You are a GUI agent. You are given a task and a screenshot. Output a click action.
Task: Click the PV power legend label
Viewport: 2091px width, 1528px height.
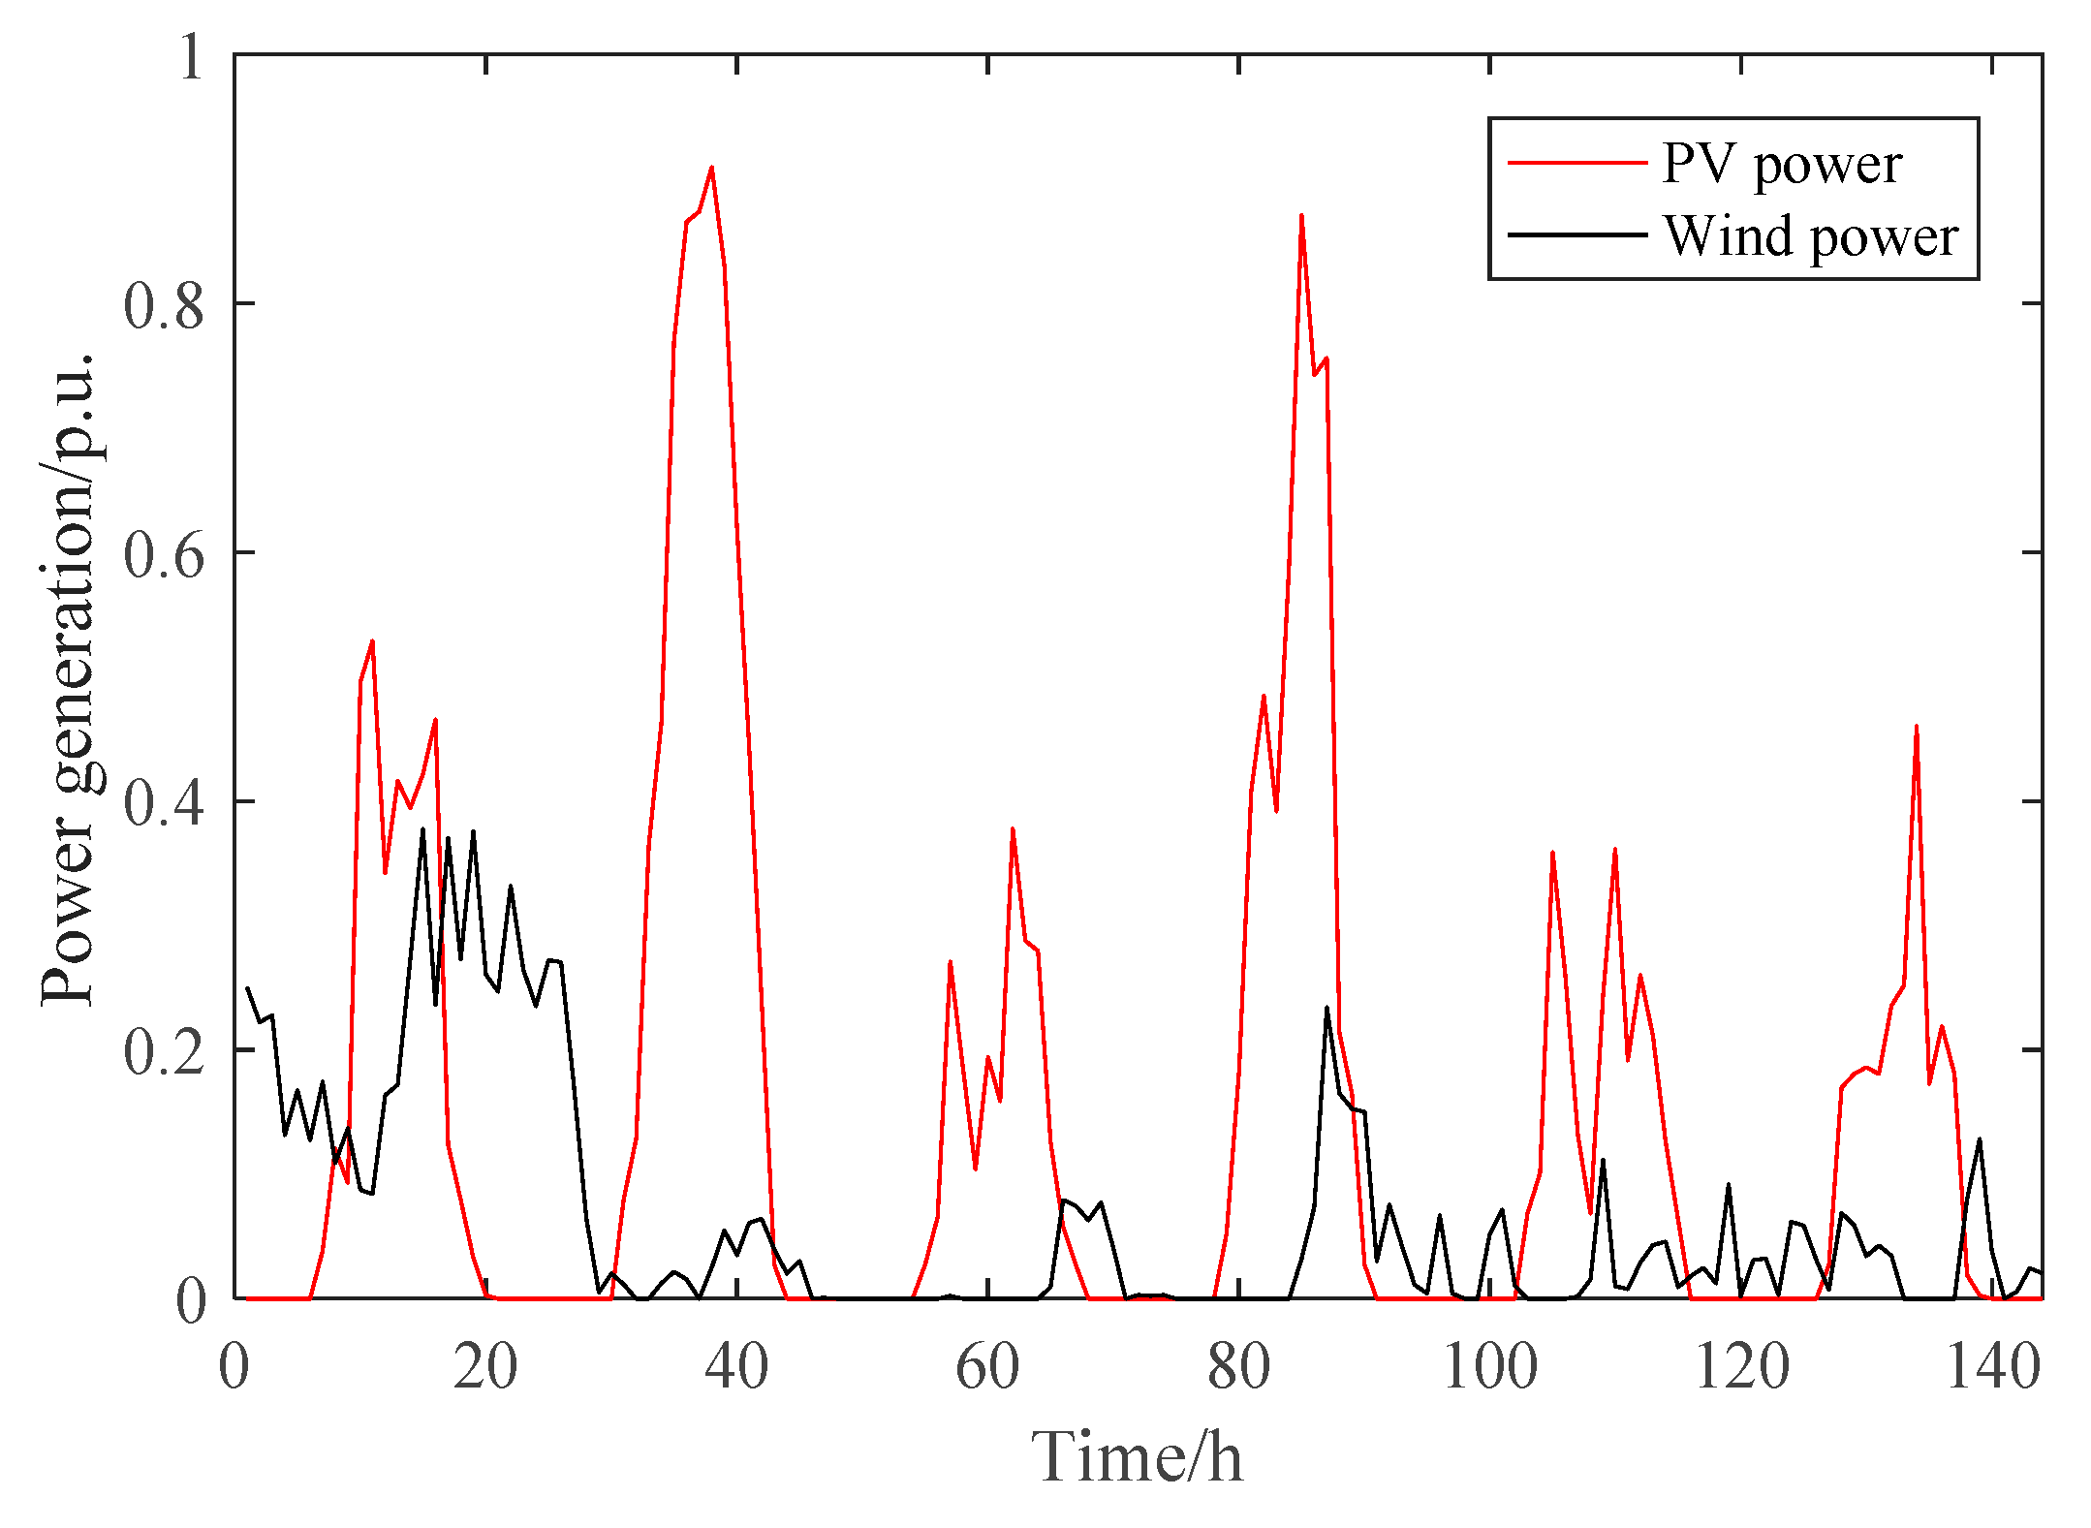click(1781, 164)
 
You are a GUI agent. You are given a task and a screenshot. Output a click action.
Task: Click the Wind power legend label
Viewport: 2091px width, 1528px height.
click(1810, 236)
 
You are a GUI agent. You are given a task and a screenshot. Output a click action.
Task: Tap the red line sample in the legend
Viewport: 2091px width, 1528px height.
click(1576, 162)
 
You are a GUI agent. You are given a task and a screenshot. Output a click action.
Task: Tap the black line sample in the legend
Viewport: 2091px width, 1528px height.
click(1576, 234)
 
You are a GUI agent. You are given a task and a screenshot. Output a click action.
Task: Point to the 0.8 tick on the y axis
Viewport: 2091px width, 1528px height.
click(164, 304)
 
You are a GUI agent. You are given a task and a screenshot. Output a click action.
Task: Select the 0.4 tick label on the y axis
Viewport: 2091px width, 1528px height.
click(164, 802)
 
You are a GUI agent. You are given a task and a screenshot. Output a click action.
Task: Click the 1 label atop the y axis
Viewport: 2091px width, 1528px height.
click(191, 56)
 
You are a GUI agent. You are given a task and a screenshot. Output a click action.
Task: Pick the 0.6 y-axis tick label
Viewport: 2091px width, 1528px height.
click(164, 553)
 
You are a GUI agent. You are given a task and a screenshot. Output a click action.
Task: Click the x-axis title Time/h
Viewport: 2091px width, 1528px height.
click(1137, 1456)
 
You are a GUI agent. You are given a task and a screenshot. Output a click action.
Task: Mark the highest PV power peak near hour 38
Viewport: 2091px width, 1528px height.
click(711, 168)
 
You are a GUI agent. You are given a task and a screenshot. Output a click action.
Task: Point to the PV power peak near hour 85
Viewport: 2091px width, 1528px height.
click(1301, 216)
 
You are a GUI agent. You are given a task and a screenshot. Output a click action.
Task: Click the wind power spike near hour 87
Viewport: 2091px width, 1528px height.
click(1326, 1008)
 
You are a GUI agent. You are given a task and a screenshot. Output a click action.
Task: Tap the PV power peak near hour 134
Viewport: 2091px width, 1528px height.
click(1916, 726)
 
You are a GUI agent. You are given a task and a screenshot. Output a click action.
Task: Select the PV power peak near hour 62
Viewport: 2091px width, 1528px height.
click(1013, 829)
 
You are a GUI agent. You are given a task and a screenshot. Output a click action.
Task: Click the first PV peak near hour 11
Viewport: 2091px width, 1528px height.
click(372, 641)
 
